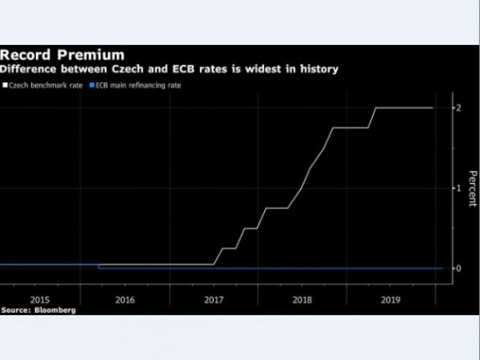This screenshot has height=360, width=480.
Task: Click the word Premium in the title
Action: click(x=91, y=55)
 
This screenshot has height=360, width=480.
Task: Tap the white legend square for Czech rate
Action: click(x=4, y=85)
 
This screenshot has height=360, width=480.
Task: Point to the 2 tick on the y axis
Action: click(x=459, y=108)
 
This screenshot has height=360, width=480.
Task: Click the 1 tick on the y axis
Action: click(x=459, y=188)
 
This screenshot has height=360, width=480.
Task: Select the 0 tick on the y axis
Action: click(x=459, y=268)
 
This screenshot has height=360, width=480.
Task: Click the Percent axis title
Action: click(x=472, y=188)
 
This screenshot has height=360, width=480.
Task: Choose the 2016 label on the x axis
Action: click(x=125, y=298)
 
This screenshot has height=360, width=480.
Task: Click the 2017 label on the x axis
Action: click(x=214, y=298)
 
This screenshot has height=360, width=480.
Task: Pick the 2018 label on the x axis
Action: click(x=302, y=298)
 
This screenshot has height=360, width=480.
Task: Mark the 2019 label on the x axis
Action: click(x=391, y=298)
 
